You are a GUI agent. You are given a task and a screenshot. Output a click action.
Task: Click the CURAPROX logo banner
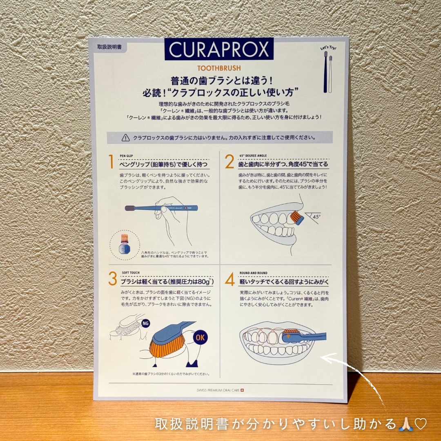click(219, 49)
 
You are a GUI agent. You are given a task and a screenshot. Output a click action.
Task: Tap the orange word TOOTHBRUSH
click(219, 68)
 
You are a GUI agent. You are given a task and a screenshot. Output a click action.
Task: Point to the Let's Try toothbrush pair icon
click(328, 70)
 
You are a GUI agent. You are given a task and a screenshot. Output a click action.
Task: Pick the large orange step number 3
click(113, 279)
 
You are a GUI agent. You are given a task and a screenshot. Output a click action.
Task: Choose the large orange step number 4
click(230, 279)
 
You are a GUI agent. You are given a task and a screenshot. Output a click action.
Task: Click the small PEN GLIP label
click(127, 156)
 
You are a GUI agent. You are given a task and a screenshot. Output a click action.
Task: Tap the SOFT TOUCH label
click(131, 273)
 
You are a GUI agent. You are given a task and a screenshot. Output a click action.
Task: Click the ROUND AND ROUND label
click(253, 273)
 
